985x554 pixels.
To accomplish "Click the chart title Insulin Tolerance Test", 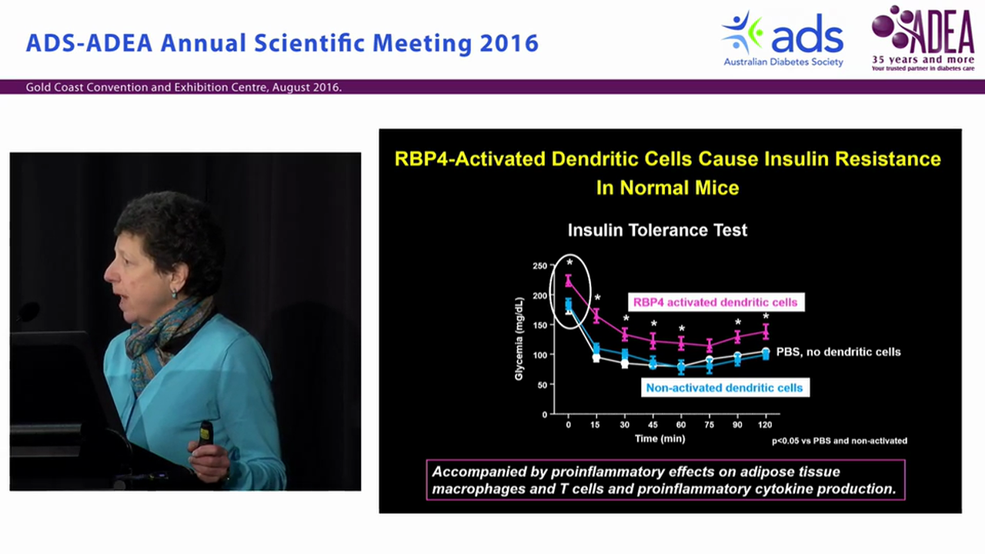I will tap(657, 230).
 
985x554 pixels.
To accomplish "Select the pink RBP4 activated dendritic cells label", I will tap(715, 302).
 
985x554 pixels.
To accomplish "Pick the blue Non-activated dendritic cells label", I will tap(724, 388).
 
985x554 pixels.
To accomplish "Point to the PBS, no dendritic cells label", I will tap(838, 352).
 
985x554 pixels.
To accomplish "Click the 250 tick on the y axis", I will tap(539, 266).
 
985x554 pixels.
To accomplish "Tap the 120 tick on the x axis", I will tap(766, 425).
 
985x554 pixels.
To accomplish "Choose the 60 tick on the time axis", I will tap(681, 425).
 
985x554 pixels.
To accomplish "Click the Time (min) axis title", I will tap(659, 439).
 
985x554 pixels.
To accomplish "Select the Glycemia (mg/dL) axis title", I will tap(519, 339).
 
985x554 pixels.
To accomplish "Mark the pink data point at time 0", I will tap(569, 281).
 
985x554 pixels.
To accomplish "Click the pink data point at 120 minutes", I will tap(766, 332).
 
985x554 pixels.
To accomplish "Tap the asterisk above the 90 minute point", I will tap(737, 323).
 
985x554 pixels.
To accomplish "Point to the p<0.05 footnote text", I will tap(840, 441).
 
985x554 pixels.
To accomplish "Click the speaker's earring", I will tap(174, 293).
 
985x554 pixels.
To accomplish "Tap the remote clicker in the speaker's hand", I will tap(205, 433).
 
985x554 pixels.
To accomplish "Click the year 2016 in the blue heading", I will tap(509, 42).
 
